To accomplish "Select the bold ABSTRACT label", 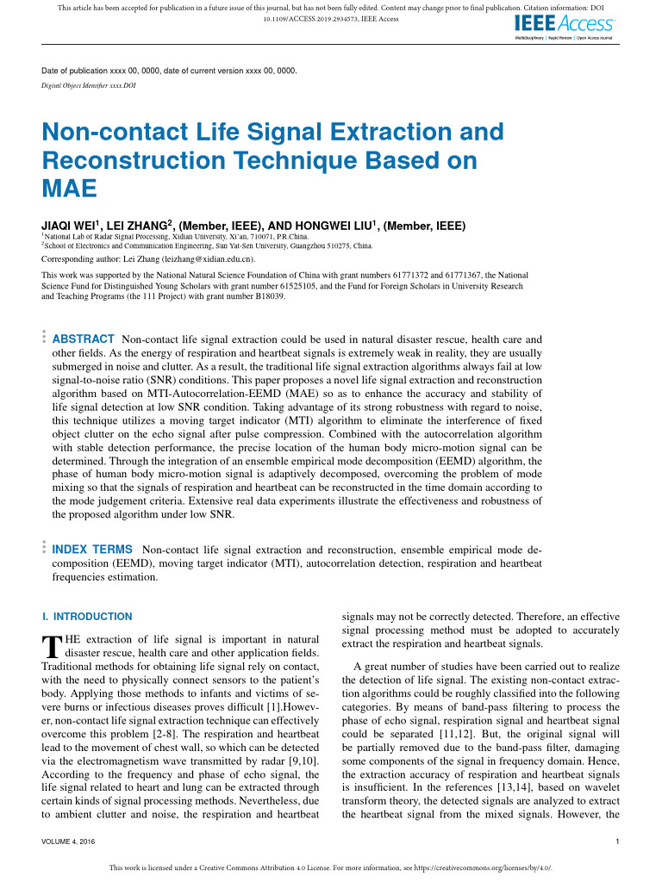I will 84,339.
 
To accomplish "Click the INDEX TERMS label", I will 92,549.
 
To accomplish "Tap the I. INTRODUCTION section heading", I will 87,617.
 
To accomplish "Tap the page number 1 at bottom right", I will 619,841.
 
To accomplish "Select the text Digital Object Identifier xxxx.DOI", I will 89,86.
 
